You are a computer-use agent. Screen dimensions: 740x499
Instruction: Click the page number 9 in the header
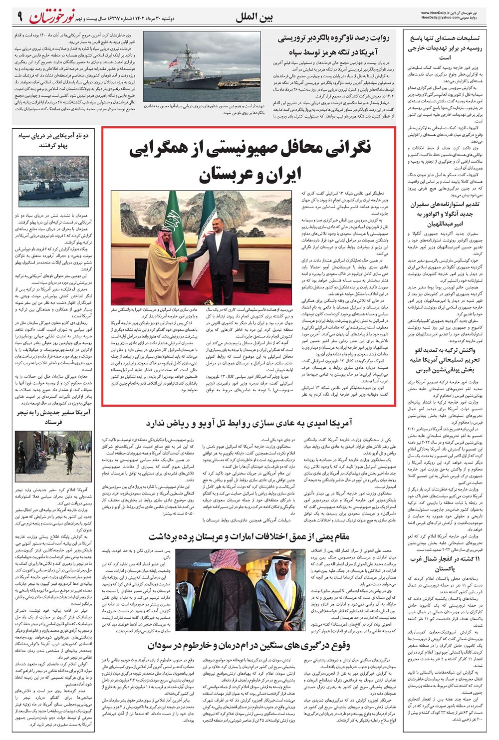click(x=19, y=17)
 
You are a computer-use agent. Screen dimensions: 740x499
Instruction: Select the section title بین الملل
click(x=254, y=18)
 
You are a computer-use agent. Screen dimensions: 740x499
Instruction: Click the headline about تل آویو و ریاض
click(x=249, y=424)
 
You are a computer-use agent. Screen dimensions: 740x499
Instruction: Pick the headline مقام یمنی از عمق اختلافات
click(x=249, y=536)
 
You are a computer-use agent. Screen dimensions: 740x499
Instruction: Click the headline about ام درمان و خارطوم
click(x=249, y=646)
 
